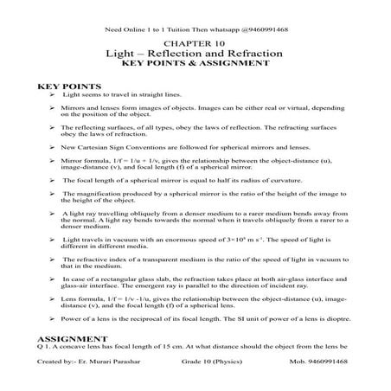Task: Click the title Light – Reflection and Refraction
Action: tap(195, 54)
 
